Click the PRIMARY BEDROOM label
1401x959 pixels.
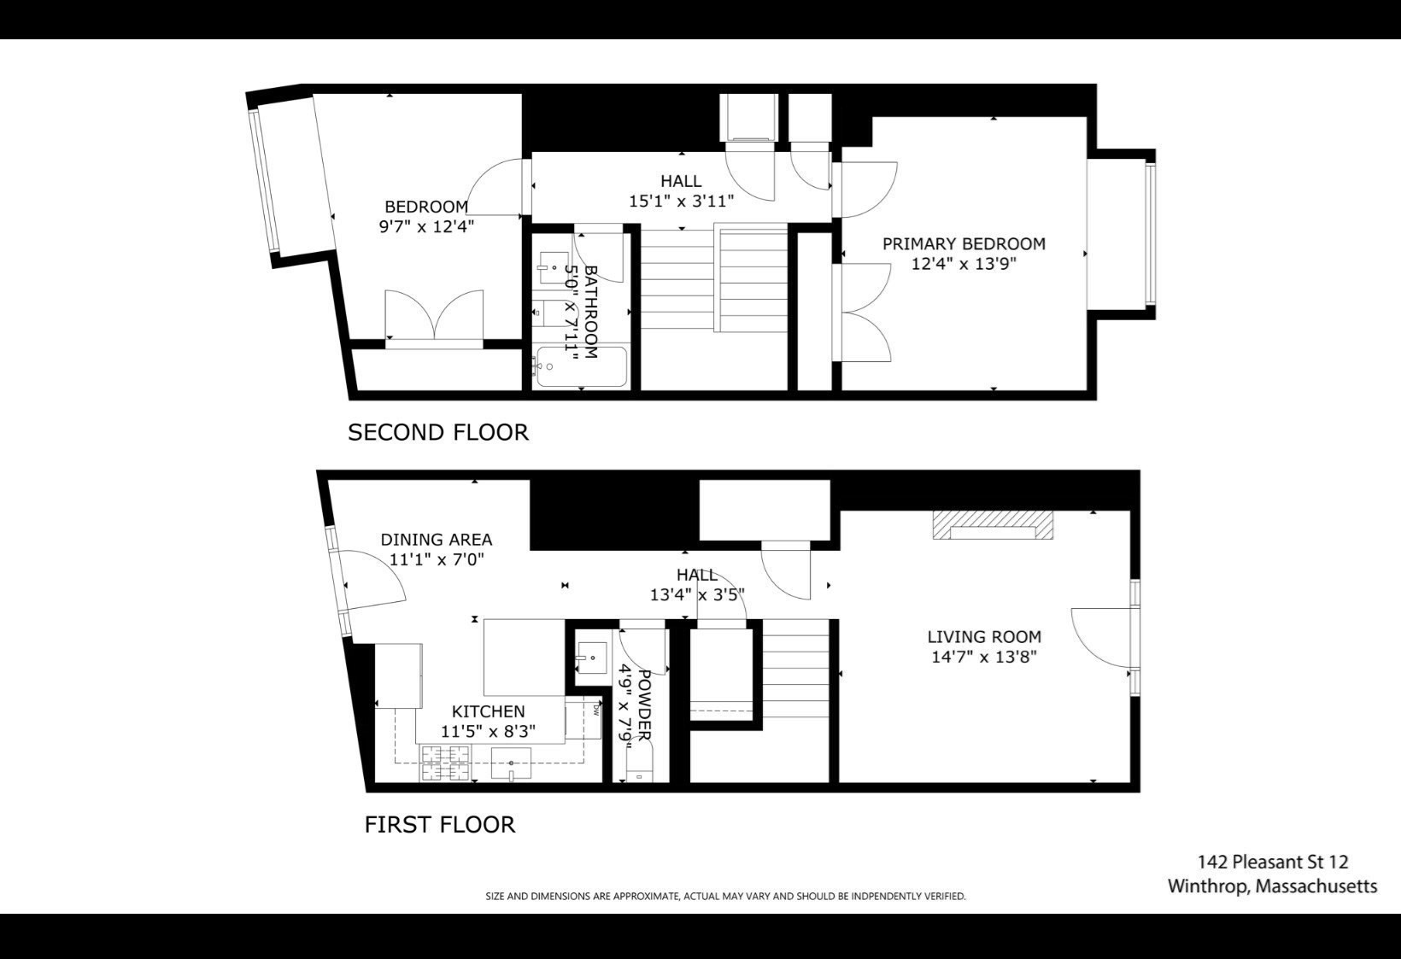tap(964, 244)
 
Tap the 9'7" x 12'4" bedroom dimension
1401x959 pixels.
tap(426, 227)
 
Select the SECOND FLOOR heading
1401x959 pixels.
tap(438, 433)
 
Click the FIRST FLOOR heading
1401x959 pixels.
tap(440, 825)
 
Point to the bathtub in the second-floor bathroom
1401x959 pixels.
tap(581, 367)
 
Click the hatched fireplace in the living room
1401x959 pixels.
tap(993, 525)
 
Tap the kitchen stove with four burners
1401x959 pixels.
tap(445, 763)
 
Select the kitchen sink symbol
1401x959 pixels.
tap(511, 763)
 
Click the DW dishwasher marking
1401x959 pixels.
tap(596, 708)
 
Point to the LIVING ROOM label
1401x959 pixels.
tap(984, 637)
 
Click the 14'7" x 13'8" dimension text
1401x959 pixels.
tap(984, 658)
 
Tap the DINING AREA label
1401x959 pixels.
tap(436, 540)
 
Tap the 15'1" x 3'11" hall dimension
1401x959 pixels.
tap(681, 202)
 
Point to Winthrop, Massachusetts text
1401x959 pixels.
tap(1272, 886)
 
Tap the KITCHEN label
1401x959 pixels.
tap(488, 711)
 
